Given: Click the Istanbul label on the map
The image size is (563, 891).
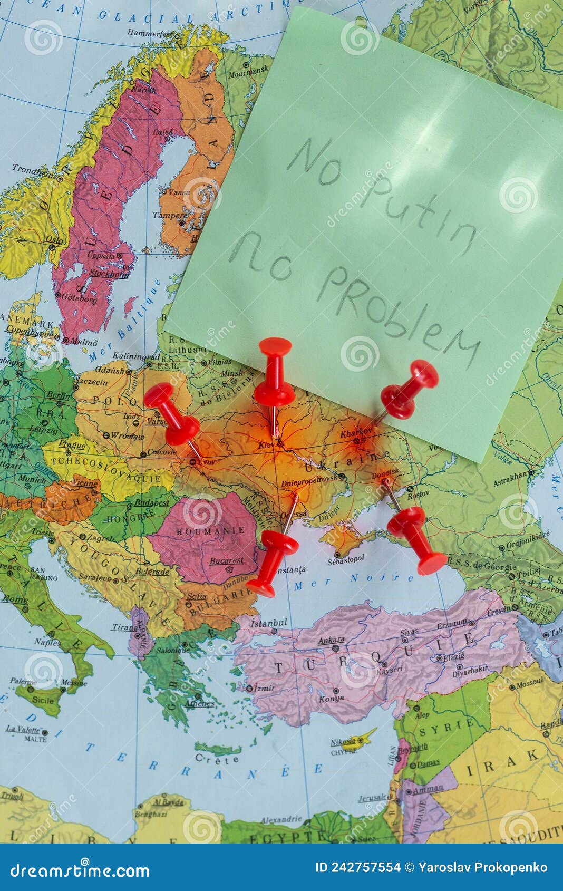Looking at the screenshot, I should pos(269,623).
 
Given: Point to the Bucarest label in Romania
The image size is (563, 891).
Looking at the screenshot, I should pos(226,560).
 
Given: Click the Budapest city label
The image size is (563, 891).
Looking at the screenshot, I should pos(151,502).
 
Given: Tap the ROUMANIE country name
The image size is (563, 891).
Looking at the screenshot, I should pos(203,531).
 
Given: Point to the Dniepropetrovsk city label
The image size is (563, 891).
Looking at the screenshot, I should pos(309,482).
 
